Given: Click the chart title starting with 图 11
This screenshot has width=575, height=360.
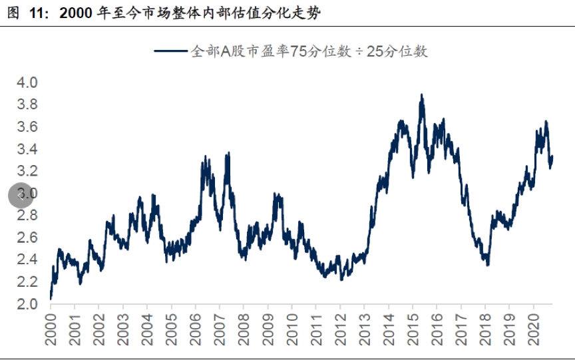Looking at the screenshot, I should click(164, 13).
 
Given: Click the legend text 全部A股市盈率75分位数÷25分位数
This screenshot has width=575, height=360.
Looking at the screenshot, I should click(309, 52).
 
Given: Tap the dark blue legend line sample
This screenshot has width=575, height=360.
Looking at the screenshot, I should click(172, 52).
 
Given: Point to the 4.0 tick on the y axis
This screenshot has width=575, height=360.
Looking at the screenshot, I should click(27, 83).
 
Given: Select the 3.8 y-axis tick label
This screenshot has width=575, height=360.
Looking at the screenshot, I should click(27, 104).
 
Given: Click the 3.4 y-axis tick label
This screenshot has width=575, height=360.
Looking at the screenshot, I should click(27, 149).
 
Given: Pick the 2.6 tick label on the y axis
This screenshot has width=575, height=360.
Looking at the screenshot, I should click(27, 238).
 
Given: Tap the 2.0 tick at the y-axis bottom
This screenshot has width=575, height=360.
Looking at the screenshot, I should click(27, 304).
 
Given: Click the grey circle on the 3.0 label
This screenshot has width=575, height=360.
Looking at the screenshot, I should click(20, 195).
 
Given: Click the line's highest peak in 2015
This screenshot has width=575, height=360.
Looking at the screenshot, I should click(421, 95).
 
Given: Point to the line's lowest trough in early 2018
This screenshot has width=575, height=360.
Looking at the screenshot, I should click(488, 265).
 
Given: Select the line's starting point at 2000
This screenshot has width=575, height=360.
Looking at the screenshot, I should click(51, 298).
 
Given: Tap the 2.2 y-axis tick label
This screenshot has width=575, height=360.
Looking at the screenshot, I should click(27, 282).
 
